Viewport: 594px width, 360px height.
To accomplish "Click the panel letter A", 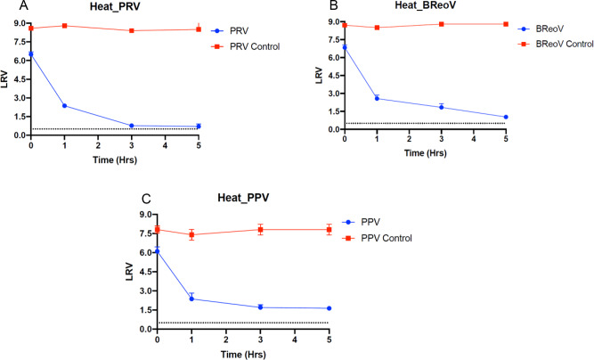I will tap(7, 6).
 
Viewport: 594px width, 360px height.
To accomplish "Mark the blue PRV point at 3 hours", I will tap(132, 126).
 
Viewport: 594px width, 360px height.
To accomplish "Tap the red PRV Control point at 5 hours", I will tap(199, 29).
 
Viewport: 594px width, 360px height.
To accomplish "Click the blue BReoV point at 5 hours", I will tap(506, 117).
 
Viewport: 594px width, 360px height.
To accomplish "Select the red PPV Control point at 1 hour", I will tap(191, 235).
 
